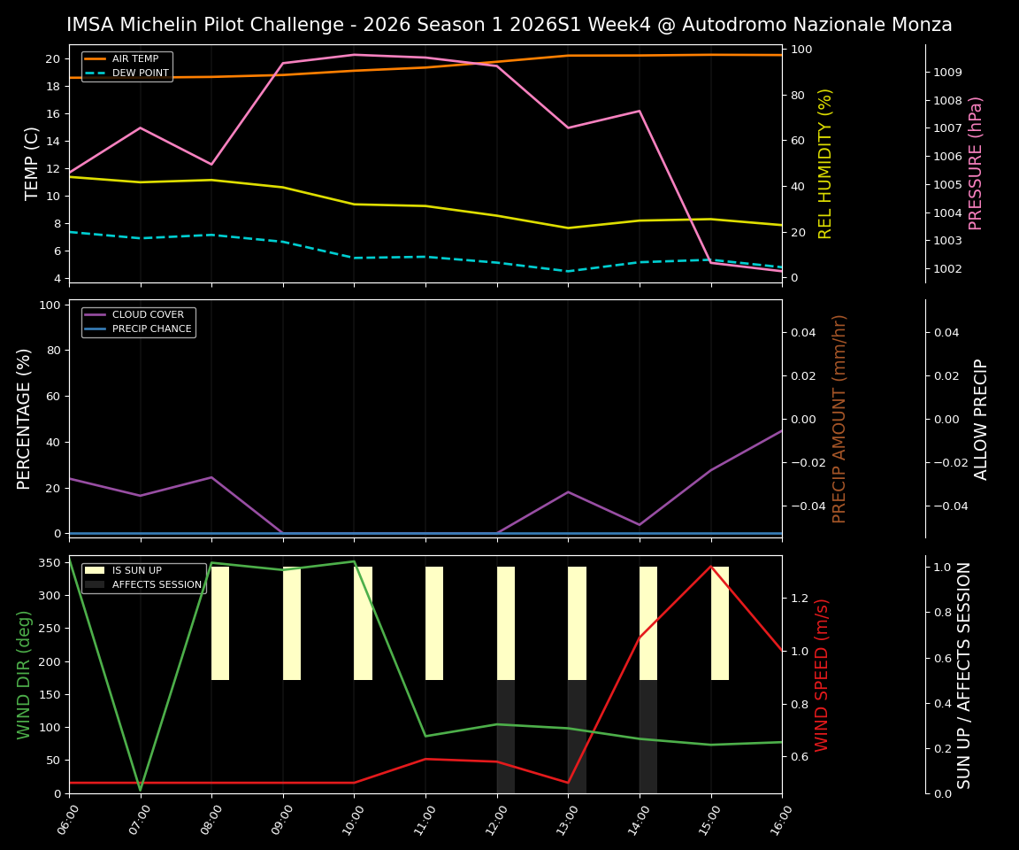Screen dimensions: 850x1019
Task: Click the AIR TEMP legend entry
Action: [134, 59]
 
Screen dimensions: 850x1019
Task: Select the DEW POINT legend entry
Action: [140, 73]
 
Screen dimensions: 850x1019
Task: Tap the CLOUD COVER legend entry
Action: [148, 315]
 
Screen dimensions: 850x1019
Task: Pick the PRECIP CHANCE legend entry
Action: [151, 329]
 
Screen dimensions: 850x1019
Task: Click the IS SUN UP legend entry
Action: [136, 571]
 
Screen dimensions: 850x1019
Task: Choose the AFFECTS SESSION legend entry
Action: [157, 585]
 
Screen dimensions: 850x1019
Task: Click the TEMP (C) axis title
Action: [32, 164]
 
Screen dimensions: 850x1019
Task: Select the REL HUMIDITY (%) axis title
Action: [825, 164]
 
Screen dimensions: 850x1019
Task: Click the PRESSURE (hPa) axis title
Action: [976, 164]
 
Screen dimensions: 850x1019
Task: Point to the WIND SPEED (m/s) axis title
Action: [823, 675]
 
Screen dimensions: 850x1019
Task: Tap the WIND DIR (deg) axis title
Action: [25, 675]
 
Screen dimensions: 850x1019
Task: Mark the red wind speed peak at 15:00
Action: [710, 567]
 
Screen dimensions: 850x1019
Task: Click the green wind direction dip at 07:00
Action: [140, 789]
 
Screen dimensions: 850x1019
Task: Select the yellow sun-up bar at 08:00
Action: [220, 623]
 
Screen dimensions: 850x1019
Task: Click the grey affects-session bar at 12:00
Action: [505, 737]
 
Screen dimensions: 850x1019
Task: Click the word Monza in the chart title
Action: [921, 25]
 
